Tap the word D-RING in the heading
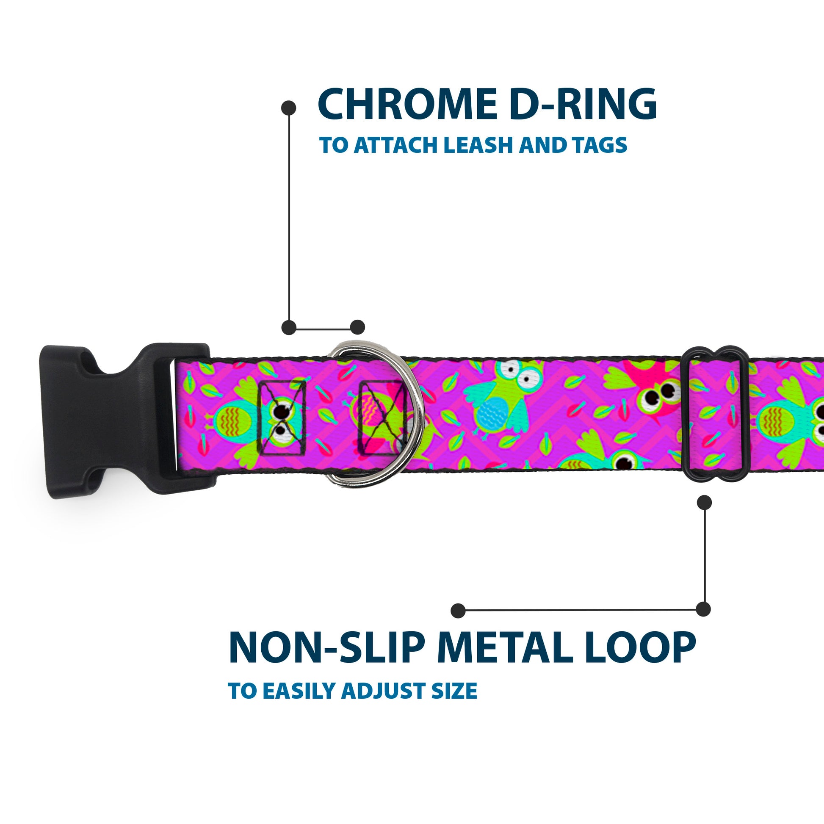point(583,105)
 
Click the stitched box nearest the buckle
point(282,418)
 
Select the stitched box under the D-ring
point(382,418)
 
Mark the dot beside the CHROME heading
point(289,108)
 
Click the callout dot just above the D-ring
point(357,327)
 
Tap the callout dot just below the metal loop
point(704,503)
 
